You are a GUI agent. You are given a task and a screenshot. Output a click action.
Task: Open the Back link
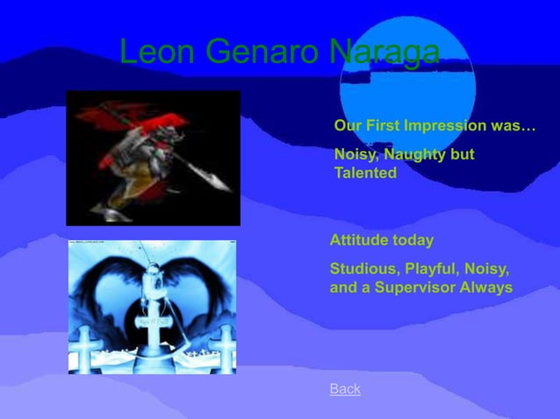coord(345,388)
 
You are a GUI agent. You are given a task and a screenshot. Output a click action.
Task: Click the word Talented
coord(365,174)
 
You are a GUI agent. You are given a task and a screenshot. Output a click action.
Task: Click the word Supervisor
coord(416,287)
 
